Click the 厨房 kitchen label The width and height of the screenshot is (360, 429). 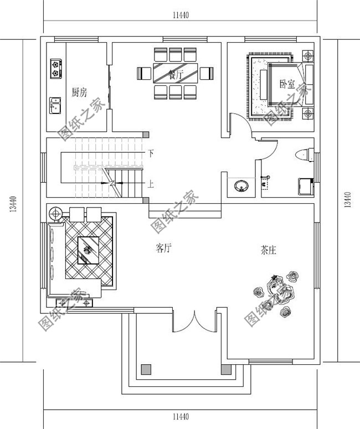(79, 92)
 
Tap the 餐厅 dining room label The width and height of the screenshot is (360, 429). (176, 74)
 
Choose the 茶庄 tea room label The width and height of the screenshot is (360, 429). (269, 250)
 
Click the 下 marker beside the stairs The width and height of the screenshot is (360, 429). (151, 152)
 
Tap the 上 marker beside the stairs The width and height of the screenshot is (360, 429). (151, 182)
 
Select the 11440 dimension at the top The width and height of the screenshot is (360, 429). (181, 15)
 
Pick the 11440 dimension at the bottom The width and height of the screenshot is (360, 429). (181, 416)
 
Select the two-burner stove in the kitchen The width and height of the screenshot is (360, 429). (55, 68)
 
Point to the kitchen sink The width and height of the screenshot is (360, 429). (55, 104)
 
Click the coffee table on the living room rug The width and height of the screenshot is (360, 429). (88, 250)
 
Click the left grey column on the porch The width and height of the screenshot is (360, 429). (146, 369)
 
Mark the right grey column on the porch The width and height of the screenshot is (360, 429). (225, 369)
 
